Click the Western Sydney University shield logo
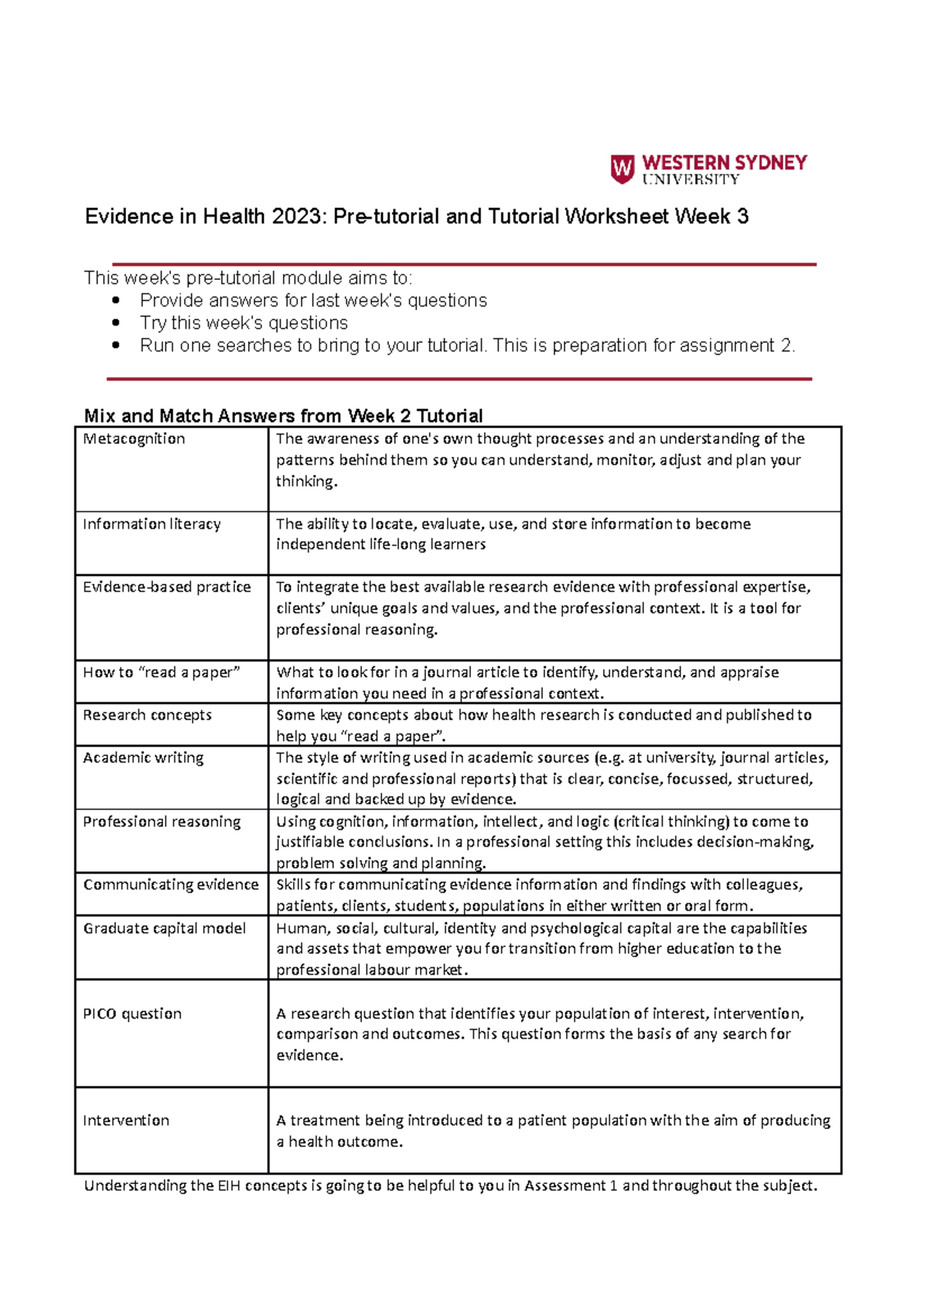(622, 169)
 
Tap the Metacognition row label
(134, 439)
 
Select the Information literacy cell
(152, 524)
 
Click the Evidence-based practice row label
(166, 588)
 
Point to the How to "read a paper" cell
(161, 673)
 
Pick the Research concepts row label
(147, 715)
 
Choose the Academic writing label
(143, 758)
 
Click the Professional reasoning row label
(162, 822)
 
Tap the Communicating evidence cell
(171, 885)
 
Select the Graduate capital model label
(164, 929)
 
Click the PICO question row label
(132, 1014)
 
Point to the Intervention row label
(126, 1120)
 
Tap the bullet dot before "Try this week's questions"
(116, 323)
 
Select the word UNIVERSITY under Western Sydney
(691, 179)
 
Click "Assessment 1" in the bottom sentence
(571, 1185)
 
